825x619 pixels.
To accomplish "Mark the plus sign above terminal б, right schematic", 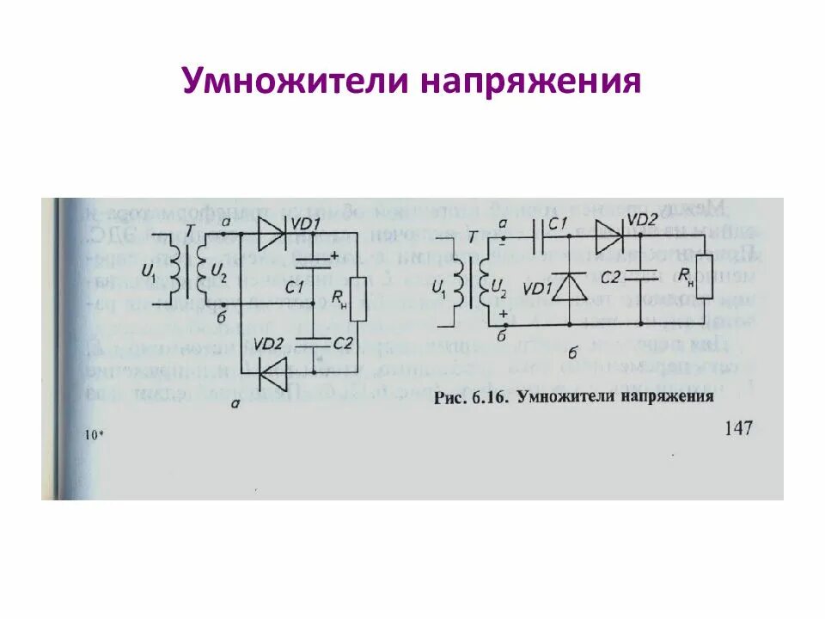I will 503,316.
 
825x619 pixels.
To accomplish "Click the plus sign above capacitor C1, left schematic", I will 333,254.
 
